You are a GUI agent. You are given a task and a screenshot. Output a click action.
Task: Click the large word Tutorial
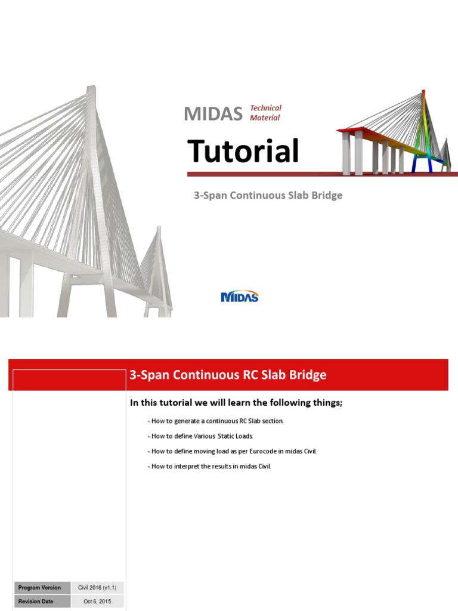(243, 151)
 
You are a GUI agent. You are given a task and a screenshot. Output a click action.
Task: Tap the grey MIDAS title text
(213, 113)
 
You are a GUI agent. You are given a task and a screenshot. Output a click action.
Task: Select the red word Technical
(265, 108)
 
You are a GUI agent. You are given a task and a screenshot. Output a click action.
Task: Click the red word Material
(265, 118)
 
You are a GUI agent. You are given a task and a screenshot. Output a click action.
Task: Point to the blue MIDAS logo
(240, 297)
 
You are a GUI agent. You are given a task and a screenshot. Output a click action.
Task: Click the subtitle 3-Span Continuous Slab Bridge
(268, 195)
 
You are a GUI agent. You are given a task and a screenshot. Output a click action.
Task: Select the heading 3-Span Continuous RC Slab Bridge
(228, 375)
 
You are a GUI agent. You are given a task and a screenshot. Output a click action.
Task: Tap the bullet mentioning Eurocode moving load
(234, 451)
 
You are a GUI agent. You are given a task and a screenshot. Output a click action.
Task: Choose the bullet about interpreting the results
(211, 466)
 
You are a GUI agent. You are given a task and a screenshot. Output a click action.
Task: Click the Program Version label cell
(39, 588)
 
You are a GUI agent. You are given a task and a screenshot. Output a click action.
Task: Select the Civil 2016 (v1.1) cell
(98, 588)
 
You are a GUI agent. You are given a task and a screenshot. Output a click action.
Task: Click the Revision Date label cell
(37, 601)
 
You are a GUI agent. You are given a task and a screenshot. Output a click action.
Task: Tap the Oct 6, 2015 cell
(98, 601)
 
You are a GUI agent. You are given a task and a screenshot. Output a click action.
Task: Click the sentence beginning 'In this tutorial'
(236, 403)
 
